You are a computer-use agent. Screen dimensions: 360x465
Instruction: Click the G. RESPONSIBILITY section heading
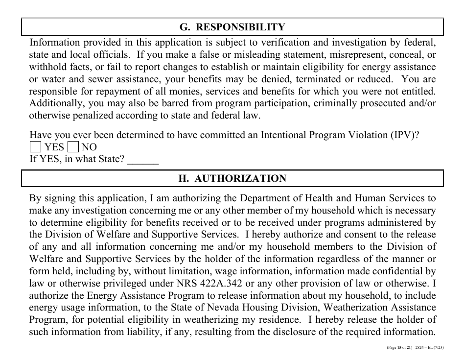pyautogui.click(x=232, y=27)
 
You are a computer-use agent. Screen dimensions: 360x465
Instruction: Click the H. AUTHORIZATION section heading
pyautogui.click(x=232, y=179)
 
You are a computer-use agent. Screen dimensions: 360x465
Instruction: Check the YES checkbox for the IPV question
pyautogui.click(x=36, y=147)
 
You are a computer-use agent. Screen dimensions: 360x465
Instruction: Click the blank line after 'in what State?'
pyautogui.click(x=143, y=160)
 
